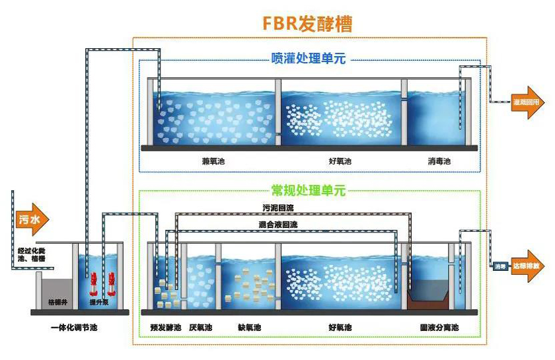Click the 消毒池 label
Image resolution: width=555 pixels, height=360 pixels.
pos(439,161)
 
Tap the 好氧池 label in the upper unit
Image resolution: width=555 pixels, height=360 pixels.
pos(340,161)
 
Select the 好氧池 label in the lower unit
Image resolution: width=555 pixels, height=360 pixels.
pos(340,328)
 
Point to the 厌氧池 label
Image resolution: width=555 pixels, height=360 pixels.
pos(200,328)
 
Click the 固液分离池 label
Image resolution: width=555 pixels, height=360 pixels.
pos(439,328)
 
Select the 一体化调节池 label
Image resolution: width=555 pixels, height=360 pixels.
pos(79,328)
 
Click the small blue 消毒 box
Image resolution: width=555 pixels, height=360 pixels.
pos(498,267)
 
